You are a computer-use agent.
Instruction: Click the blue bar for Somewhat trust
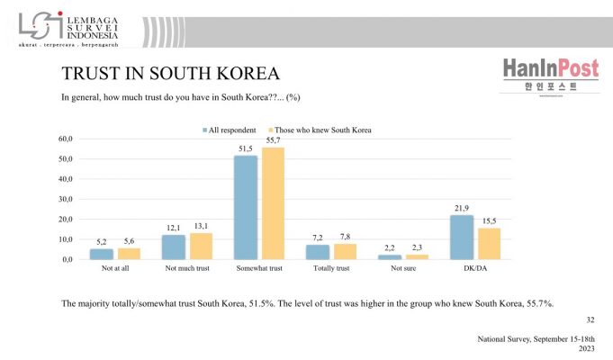click(246, 207)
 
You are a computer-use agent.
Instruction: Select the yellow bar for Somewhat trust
click(273, 203)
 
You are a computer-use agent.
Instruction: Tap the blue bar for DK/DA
click(462, 237)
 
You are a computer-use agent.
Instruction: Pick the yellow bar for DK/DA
click(489, 243)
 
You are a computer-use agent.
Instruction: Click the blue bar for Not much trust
click(174, 247)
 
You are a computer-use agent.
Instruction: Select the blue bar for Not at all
click(102, 254)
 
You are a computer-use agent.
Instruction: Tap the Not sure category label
click(403, 268)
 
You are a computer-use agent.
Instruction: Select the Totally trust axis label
click(331, 268)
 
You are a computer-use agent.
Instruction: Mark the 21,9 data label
click(462, 209)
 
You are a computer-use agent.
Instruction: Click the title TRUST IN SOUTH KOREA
click(169, 72)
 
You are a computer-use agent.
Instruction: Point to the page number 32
click(590, 319)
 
